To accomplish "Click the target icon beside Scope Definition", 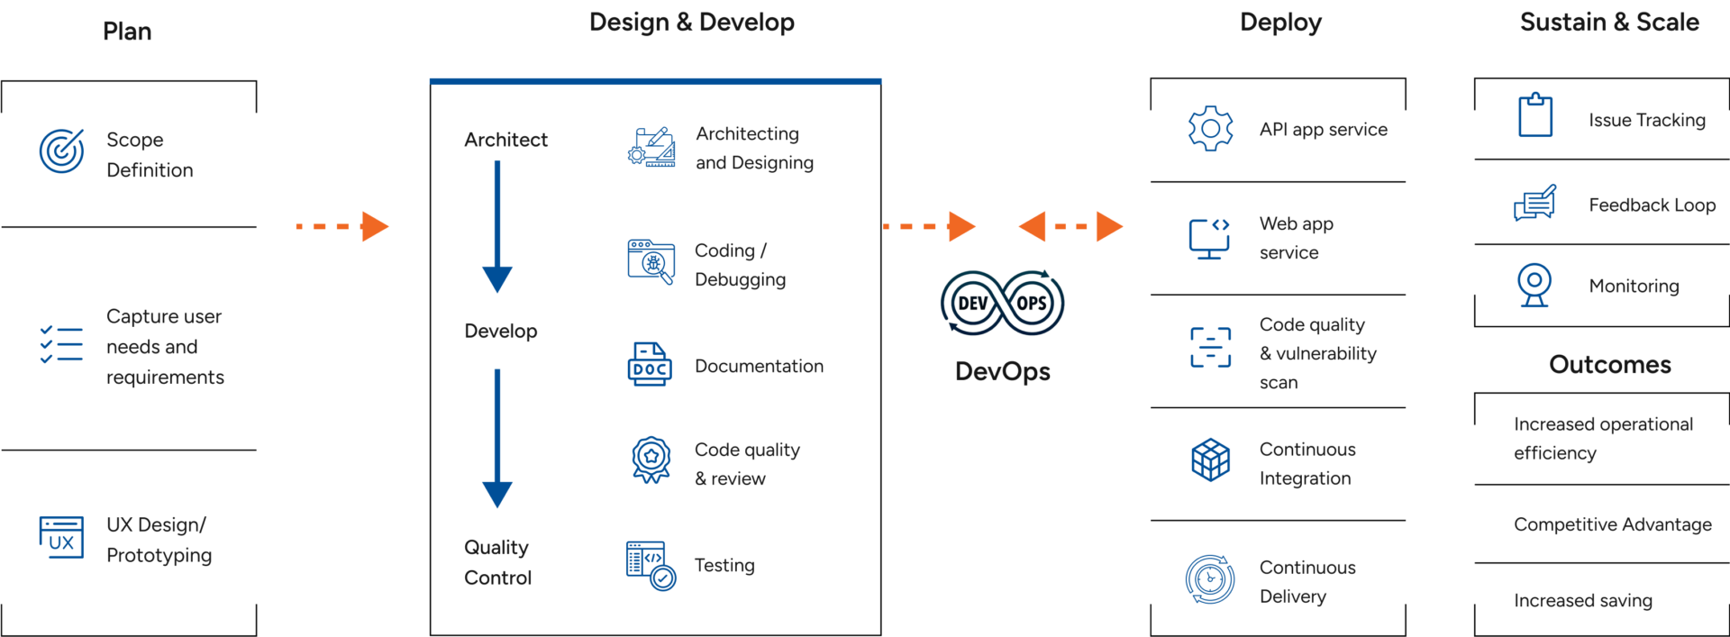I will [x=61, y=150].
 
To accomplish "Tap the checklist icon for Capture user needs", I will [x=61, y=344].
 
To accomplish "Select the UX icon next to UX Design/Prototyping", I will [x=61, y=538].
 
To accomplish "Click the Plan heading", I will [x=127, y=32].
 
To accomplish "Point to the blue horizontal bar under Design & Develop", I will [x=655, y=81].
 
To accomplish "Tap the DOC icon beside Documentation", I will [x=650, y=365].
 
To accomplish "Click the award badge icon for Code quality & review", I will [x=651, y=460].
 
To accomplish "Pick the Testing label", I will [x=724, y=565].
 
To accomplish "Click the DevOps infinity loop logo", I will [x=1002, y=304].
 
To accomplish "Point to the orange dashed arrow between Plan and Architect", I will [x=343, y=226].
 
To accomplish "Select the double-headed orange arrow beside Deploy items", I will [x=1070, y=226].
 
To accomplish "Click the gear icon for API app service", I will [x=1210, y=129].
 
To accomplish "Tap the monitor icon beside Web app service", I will [x=1209, y=239].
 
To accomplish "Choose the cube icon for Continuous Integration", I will [x=1210, y=460].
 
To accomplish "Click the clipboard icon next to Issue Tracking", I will [x=1535, y=116].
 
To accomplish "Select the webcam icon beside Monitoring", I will [x=1534, y=285].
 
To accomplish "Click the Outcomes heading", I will [x=1610, y=365].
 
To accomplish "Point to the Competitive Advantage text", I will [x=1612, y=524].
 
